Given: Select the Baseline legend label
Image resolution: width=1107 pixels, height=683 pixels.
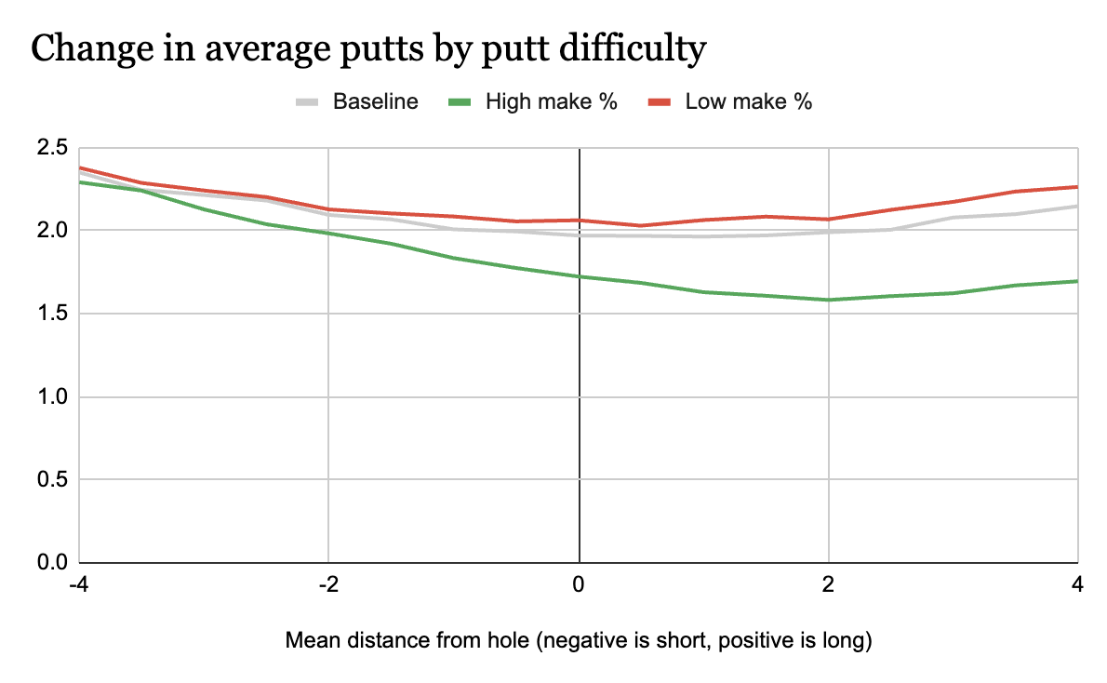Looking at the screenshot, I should tap(375, 101).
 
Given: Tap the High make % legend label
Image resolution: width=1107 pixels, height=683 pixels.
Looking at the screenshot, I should tap(552, 101).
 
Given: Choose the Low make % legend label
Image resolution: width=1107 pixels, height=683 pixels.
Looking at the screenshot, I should tap(749, 101).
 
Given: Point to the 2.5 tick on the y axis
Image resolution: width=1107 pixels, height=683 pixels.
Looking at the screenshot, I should tap(48, 147).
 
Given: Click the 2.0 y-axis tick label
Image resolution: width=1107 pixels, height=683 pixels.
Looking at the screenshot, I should tap(48, 230).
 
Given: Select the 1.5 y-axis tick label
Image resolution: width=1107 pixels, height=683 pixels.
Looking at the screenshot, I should tap(48, 314).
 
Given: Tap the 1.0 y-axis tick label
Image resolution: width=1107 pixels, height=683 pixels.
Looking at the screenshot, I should tap(48, 396).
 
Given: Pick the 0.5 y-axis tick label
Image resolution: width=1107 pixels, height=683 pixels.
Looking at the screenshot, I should tap(48, 480).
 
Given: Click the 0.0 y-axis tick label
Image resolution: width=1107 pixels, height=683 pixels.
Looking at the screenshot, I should tap(48, 563).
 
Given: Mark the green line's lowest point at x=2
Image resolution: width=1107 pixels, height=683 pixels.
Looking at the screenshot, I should tap(829, 300).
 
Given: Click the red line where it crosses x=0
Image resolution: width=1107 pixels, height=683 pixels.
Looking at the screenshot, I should tap(580, 221).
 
